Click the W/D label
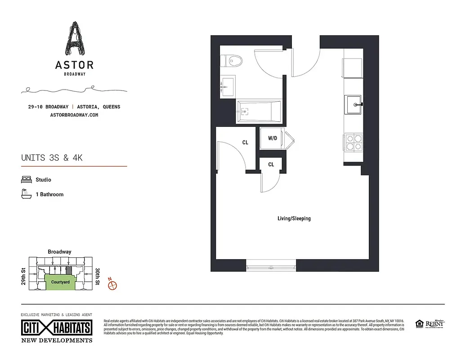[x=273, y=138]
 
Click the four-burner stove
[x=354, y=142]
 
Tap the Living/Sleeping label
[x=294, y=219]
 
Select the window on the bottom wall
[x=271, y=267]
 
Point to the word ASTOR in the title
[x=74, y=65]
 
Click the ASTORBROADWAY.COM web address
[x=75, y=115]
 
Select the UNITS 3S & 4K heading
[x=52, y=158]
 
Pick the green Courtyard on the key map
[x=60, y=282]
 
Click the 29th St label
[x=22, y=276]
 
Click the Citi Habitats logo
[x=57, y=327]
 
